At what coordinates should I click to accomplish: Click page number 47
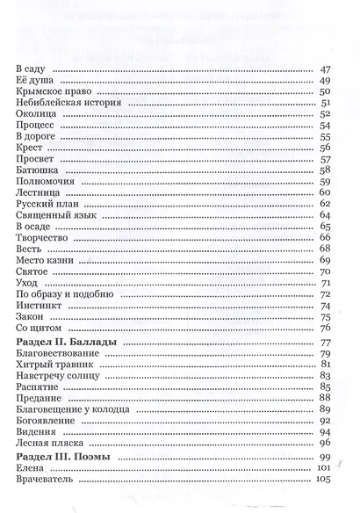point(324,69)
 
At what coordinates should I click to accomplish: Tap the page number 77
point(324,341)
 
